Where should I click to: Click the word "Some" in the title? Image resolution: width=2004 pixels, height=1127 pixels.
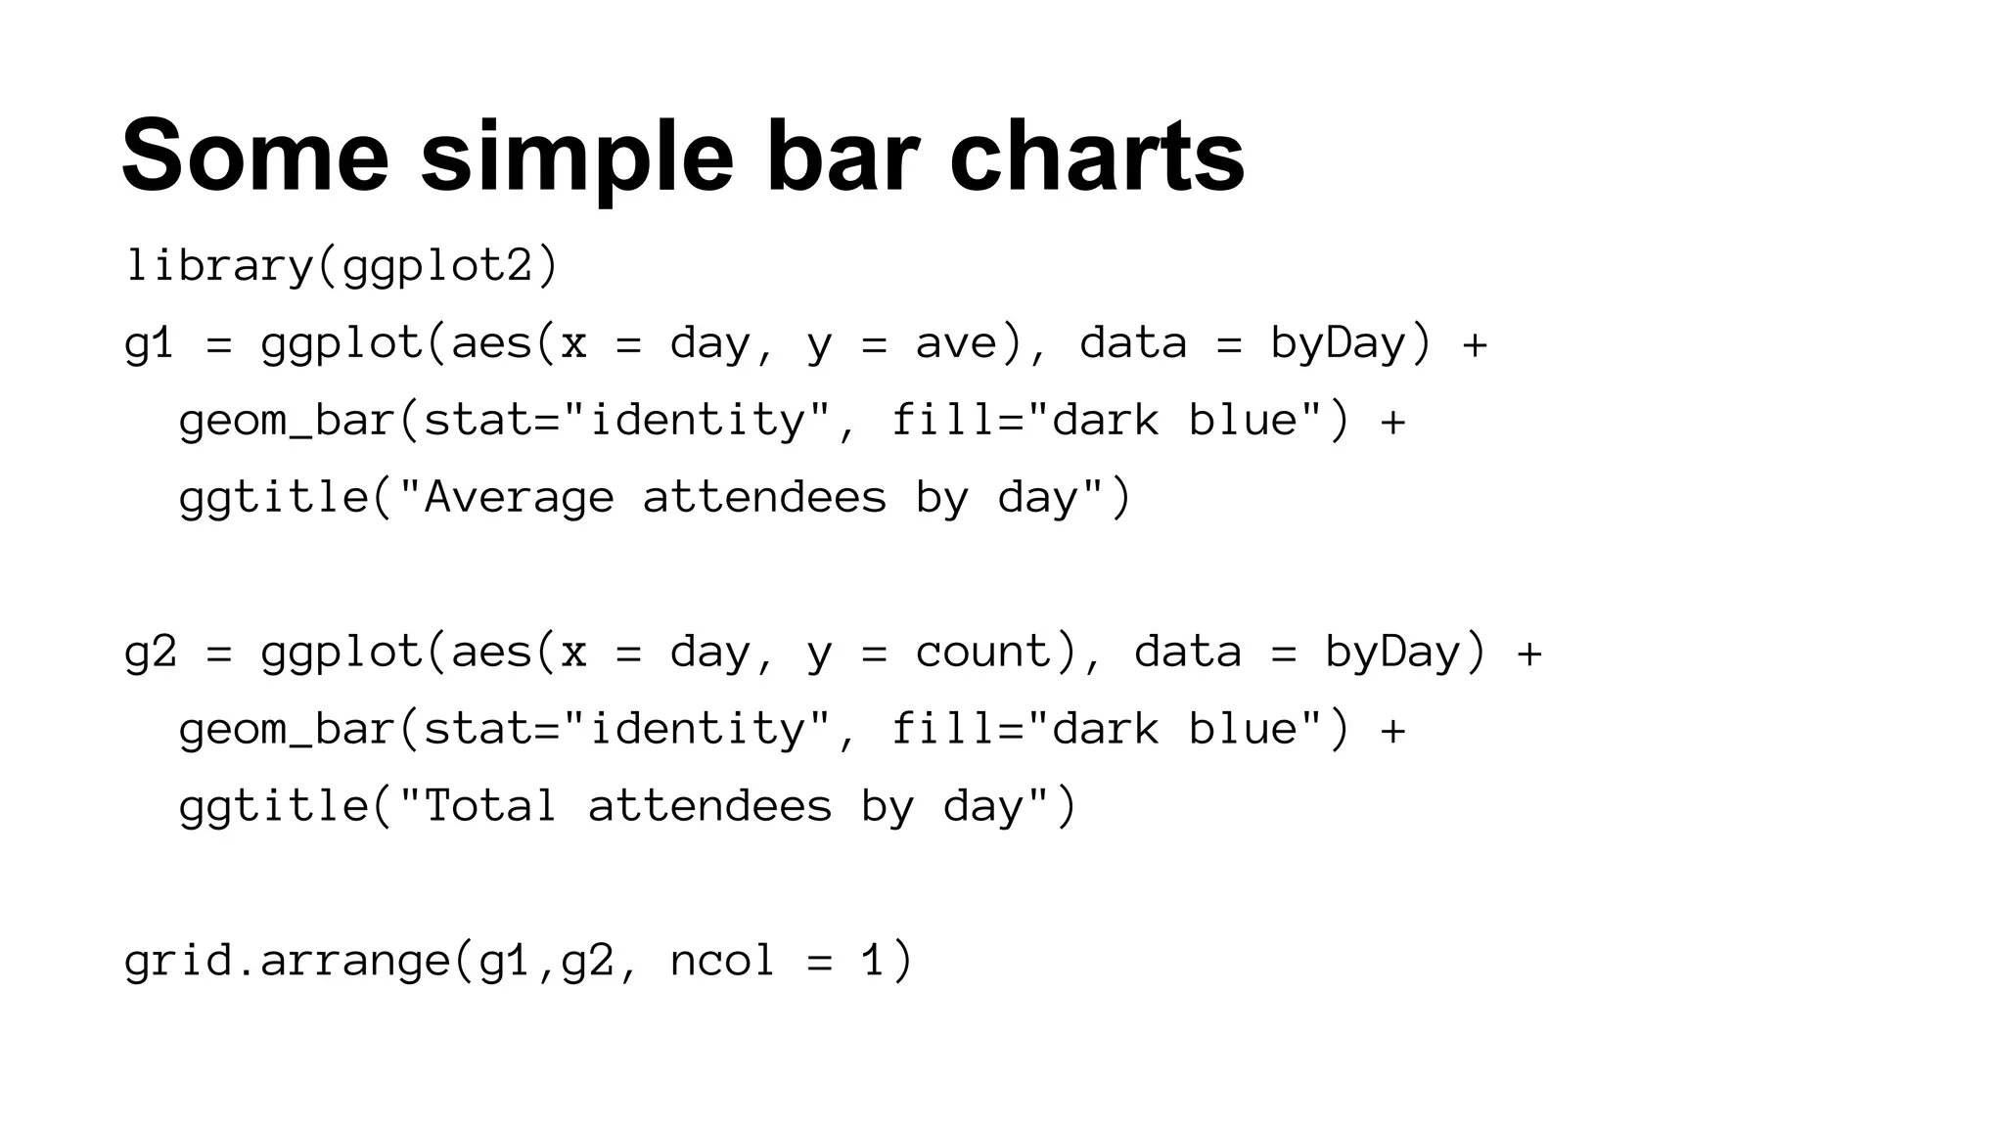[x=255, y=157]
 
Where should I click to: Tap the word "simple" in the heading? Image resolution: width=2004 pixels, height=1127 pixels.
[x=576, y=157]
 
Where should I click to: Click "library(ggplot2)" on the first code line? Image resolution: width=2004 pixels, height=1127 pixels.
[x=342, y=266]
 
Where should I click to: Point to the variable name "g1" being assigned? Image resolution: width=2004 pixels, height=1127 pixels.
[x=150, y=343]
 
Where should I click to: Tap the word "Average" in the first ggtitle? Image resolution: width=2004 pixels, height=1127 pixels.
[x=519, y=498]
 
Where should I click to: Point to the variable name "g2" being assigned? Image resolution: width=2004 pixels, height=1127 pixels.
[x=150, y=653]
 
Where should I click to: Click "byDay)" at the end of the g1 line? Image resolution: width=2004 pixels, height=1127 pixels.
[x=1351, y=343]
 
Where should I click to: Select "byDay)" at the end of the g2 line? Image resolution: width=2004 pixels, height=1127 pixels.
[x=1406, y=653]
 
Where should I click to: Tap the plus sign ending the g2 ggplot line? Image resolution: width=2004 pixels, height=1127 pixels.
[x=1528, y=653]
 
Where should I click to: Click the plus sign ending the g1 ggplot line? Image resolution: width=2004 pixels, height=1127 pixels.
[x=1474, y=343]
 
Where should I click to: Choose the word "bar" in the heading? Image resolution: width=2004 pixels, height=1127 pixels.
[x=842, y=157]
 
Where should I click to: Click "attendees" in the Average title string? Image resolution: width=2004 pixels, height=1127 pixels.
[x=764, y=498]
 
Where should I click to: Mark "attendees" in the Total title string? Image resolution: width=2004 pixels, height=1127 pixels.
[x=709, y=807]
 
